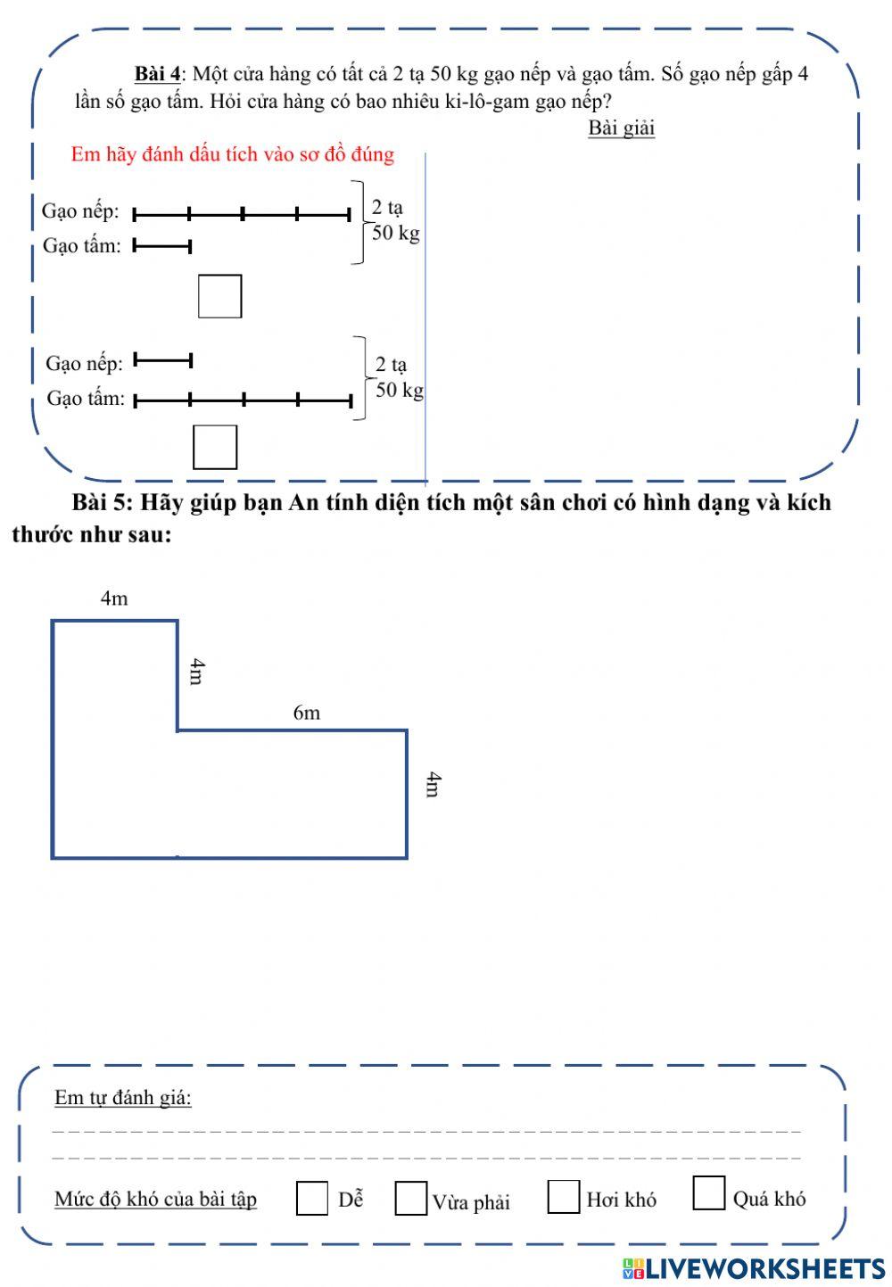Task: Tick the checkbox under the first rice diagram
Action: click(219, 296)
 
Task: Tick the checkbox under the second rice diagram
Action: click(215, 447)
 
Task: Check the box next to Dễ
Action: click(312, 1198)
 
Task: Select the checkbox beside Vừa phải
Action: click(411, 1198)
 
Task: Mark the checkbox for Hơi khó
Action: click(564, 1197)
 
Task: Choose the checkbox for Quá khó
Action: click(709, 1193)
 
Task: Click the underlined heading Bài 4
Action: click(158, 73)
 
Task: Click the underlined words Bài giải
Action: click(621, 128)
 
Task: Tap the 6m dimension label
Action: click(306, 713)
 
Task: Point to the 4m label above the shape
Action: click(114, 598)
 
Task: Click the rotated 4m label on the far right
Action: click(433, 785)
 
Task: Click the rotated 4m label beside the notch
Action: click(197, 672)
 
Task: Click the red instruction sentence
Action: click(232, 154)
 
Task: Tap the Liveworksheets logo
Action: click(754, 1268)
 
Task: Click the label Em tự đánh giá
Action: click(123, 1097)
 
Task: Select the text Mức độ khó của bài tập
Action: click(156, 1199)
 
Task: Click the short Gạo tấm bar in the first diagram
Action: click(162, 246)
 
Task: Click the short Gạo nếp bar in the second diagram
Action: click(163, 360)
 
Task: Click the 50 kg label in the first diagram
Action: click(395, 234)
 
